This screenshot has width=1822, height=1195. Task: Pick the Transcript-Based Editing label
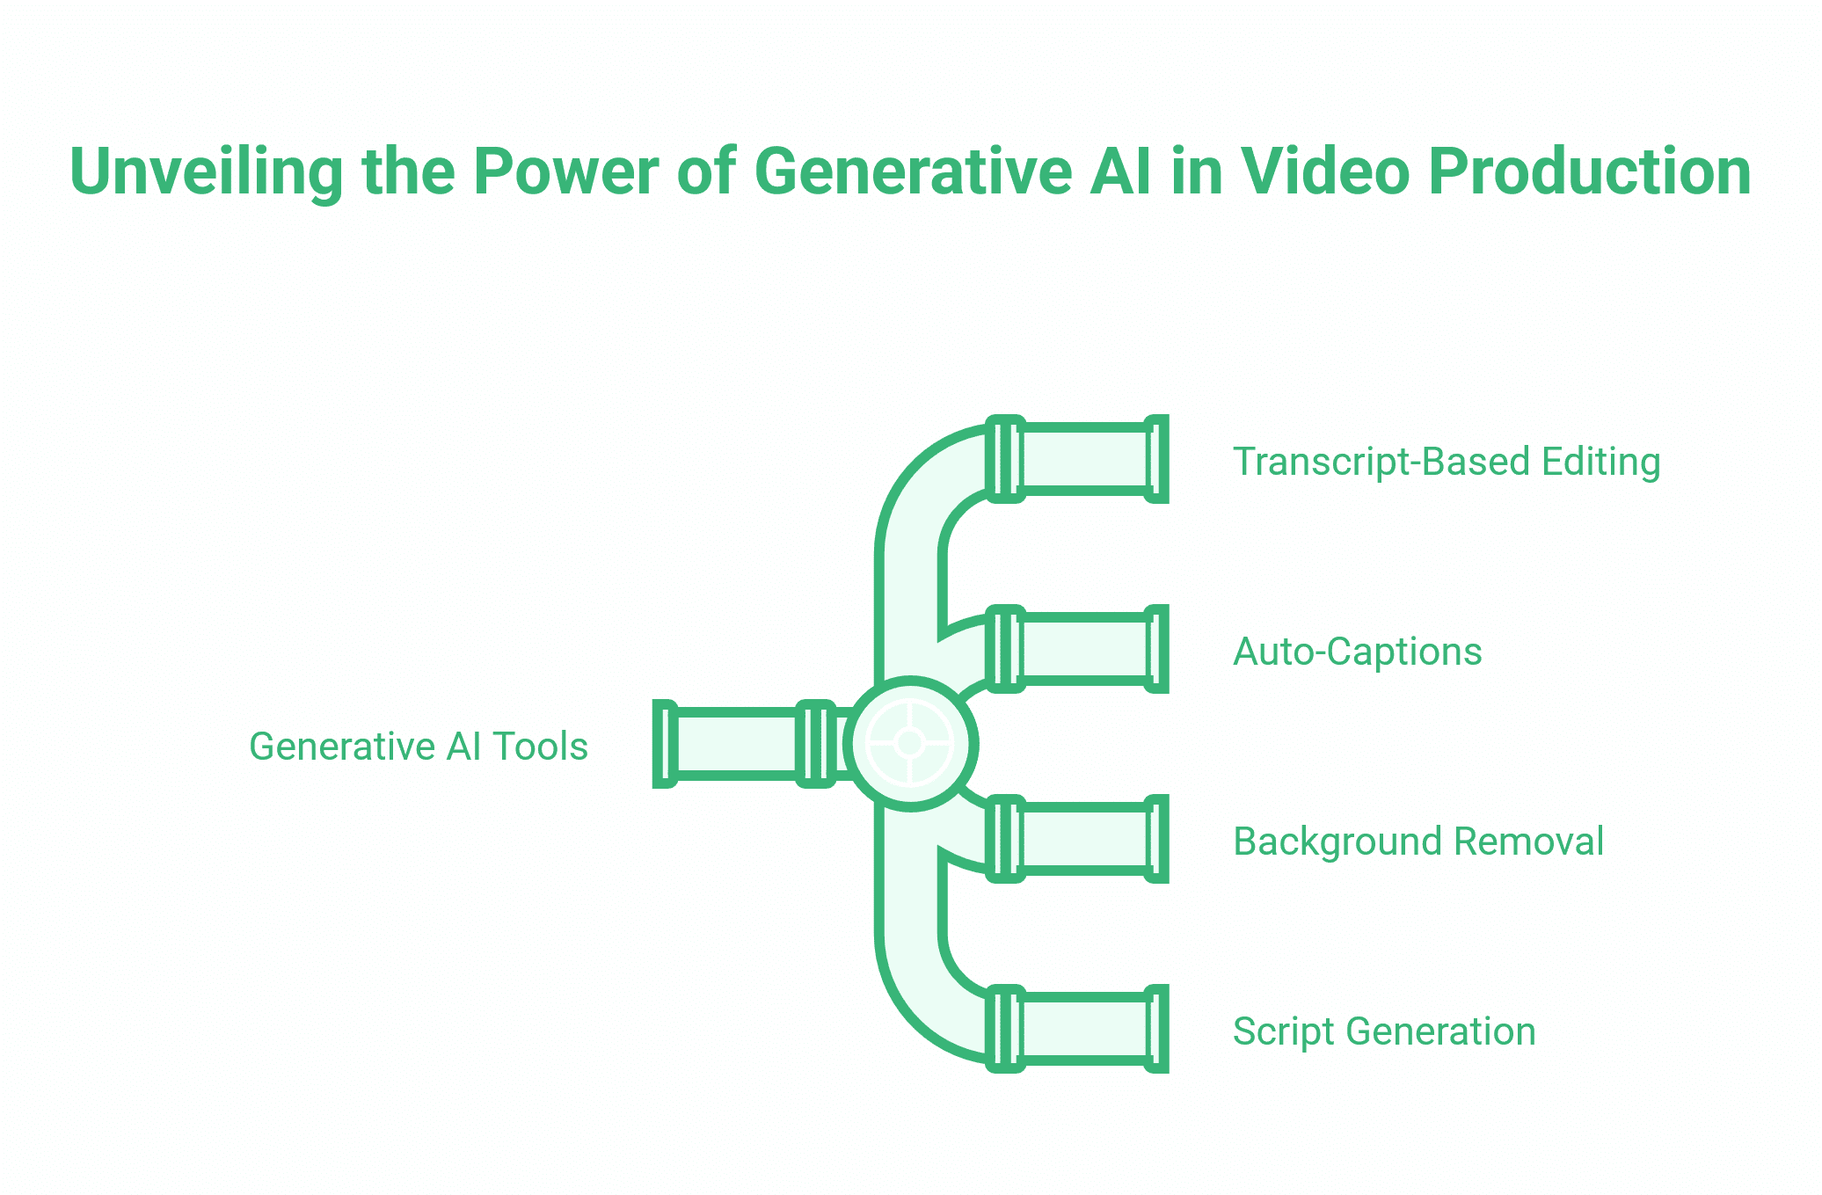tap(1447, 462)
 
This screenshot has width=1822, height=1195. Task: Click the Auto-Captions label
tap(1358, 652)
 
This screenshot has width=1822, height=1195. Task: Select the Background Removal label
tap(1418, 842)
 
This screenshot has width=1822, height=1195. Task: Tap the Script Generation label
tap(1384, 1031)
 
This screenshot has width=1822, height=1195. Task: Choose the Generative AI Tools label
tap(419, 747)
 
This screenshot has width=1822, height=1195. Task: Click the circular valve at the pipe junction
tap(910, 743)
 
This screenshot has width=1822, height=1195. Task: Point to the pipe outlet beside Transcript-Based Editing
tap(1087, 459)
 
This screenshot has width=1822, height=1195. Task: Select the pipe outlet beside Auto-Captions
tap(1087, 649)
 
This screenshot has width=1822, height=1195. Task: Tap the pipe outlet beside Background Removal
tap(1087, 839)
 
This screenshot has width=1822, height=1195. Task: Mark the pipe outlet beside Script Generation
tap(1087, 1029)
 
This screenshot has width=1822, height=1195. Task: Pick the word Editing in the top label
tap(1600, 462)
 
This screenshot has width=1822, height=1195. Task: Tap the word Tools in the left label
tap(540, 747)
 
